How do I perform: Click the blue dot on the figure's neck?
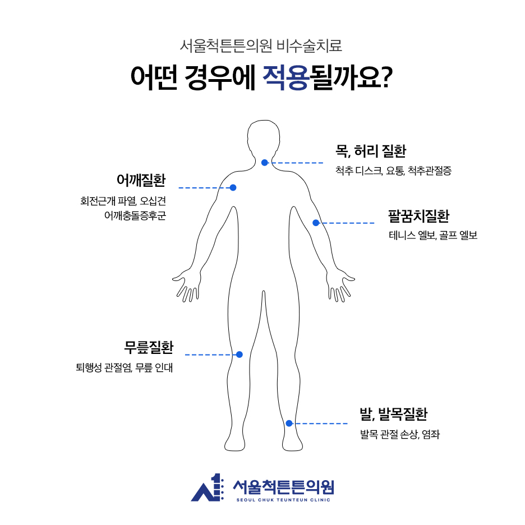pyautogui.click(x=265, y=163)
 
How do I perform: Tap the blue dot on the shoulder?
pyautogui.click(x=233, y=187)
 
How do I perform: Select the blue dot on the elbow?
pyautogui.click(x=316, y=223)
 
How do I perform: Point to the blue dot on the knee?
pyautogui.click(x=239, y=354)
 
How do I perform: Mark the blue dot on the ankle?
pyautogui.click(x=289, y=423)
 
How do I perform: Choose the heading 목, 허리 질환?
pyautogui.click(x=370, y=151)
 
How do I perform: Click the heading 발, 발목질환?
pyautogui.click(x=394, y=415)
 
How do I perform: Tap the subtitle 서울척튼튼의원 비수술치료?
pyautogui.click(x=262, y=45)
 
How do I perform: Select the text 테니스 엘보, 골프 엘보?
pyautogui.click(x=432, y=236)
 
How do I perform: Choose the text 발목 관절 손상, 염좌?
pyautogui.click(x=400, y=434)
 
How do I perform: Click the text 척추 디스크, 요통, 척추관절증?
pyautogui.click(x=393, y=171)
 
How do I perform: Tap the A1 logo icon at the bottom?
pyautogui.click(x=208, y=489)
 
